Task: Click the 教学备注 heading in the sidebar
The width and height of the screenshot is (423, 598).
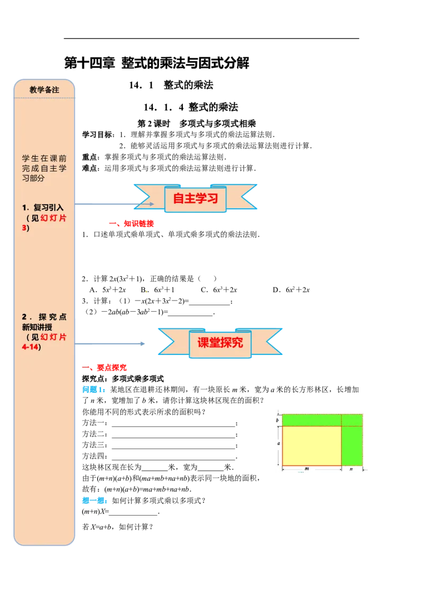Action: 44,90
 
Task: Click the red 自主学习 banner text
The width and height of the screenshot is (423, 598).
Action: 196,199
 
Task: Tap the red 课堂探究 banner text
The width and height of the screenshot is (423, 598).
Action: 220,342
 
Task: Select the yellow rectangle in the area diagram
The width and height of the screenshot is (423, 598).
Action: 312,446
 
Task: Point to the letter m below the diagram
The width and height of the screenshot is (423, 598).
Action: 307,469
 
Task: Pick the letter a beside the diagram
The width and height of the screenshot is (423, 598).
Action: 279,444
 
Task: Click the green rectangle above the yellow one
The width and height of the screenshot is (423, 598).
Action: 312,421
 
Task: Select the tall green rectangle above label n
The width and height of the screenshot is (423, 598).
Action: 352,446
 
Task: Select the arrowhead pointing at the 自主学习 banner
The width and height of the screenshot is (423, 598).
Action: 151,204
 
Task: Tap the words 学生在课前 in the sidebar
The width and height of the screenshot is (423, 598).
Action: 44,158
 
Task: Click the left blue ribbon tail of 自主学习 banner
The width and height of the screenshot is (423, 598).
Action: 143,197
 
